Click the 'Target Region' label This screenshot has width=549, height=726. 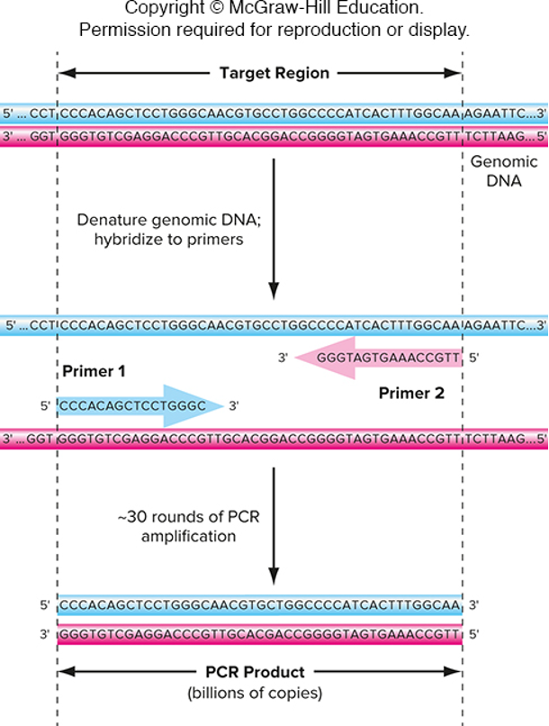pyautogui.click(x=274, y=73)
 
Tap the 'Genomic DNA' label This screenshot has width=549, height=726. pyautogui.click(x=503, y=171)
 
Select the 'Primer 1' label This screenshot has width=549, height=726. pyautogui.click(x=94, y=371)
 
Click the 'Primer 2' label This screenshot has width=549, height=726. pyautogui.click(x=411, y=393)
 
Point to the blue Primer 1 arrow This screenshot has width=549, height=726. pyautogui.click(x=135, y=406)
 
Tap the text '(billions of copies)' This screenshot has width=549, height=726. pyautogui.click(x=255, y=694)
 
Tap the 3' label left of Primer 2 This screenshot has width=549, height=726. pyautogui.click(x=283, y=358)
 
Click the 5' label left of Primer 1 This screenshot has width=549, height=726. pyautogui.click(x=45, y=406)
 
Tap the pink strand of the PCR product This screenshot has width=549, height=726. pyautogui.click(x=260, y=634)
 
